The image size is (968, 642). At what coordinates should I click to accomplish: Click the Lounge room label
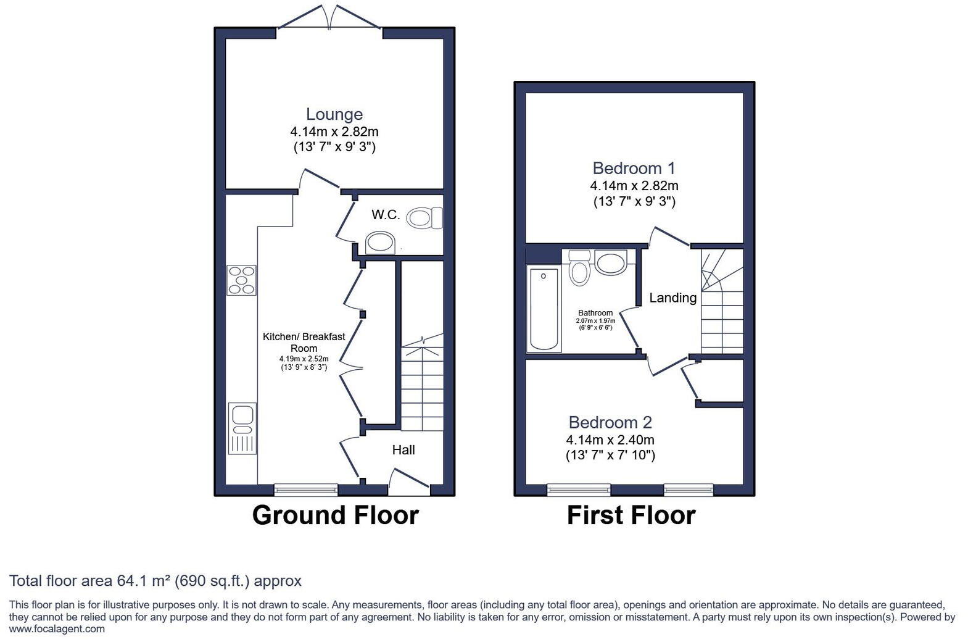click(334, 114)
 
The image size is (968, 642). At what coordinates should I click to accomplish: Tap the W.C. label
click(386, 215)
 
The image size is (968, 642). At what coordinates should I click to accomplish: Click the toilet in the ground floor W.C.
click(426, 217)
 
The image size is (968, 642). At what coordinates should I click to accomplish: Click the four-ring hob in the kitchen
click(241, 280)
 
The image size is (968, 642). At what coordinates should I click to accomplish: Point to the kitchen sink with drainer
click(242, 428)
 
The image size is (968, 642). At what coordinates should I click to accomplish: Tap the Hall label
click(403, 450)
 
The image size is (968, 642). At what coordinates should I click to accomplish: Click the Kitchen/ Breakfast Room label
click(304, 342)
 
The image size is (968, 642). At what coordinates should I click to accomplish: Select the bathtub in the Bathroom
click(544, 309)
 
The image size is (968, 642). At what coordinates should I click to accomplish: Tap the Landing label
click(672, 298)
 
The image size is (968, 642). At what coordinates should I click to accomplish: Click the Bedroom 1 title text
click(634, 168)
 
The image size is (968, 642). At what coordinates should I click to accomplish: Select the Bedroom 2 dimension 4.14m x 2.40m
click(610, 440)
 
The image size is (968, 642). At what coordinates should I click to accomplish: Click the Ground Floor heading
click(335, 515)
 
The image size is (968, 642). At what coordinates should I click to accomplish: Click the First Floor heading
click(631, 515)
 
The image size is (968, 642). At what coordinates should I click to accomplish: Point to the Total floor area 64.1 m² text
click(155, 581)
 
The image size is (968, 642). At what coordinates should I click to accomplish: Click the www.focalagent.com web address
click(57, 629)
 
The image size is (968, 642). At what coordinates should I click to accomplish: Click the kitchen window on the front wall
click(306, 490)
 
